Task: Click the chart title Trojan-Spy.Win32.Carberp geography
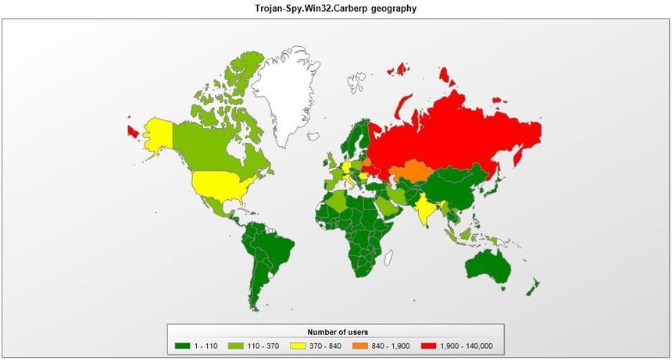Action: pyautogui.click(x=336, y=9)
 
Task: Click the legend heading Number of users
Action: pyautogui.click(x=337, y=333)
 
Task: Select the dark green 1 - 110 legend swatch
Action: pyautogui.click(x=182, y=346)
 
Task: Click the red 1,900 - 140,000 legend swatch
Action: pyautogui.click(x=429, y=346)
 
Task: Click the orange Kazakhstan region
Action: pyautogui.click(x=410, y=173)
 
